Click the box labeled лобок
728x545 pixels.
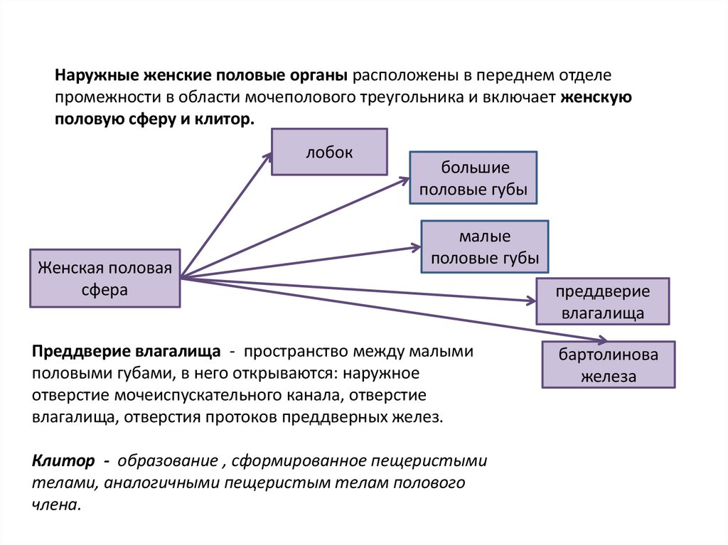[x=329, y=151]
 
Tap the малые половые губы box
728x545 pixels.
[x=485, y=247]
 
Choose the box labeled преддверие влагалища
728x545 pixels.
[x=603, y=302]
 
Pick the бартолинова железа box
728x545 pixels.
[x=608, y=365]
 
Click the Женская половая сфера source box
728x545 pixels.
[x=105, y=278]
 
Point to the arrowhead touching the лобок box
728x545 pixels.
[x=267, y=156]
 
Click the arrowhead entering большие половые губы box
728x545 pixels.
[x=404, y=180]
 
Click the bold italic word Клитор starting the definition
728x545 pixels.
[x=63, y=460]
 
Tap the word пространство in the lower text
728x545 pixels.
[x=301, y=352]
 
